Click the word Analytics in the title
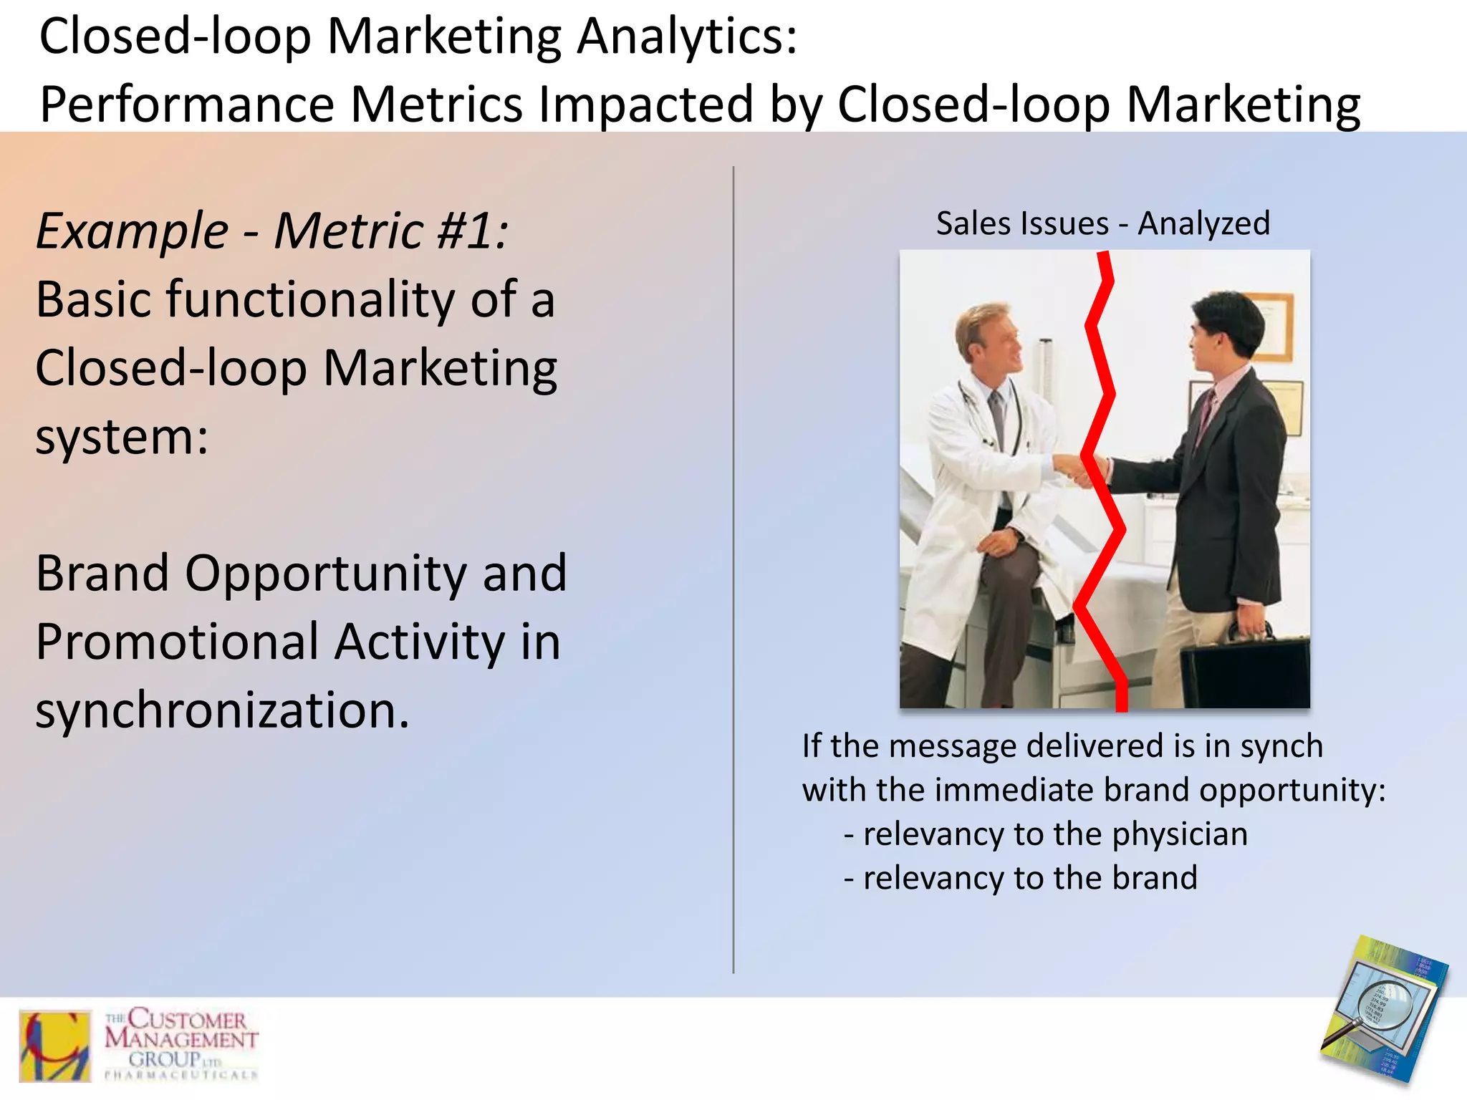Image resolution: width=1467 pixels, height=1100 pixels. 686,36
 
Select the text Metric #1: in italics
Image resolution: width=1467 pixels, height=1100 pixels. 391,231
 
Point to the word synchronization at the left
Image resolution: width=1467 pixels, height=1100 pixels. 222,710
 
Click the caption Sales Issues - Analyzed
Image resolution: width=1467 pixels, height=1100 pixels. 1102,223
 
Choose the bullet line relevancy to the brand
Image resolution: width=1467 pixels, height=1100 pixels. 1021,878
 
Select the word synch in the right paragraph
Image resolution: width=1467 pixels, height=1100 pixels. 1281,746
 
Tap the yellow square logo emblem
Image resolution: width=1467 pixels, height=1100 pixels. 55,1046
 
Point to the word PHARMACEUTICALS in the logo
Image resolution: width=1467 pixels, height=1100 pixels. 181,1074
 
